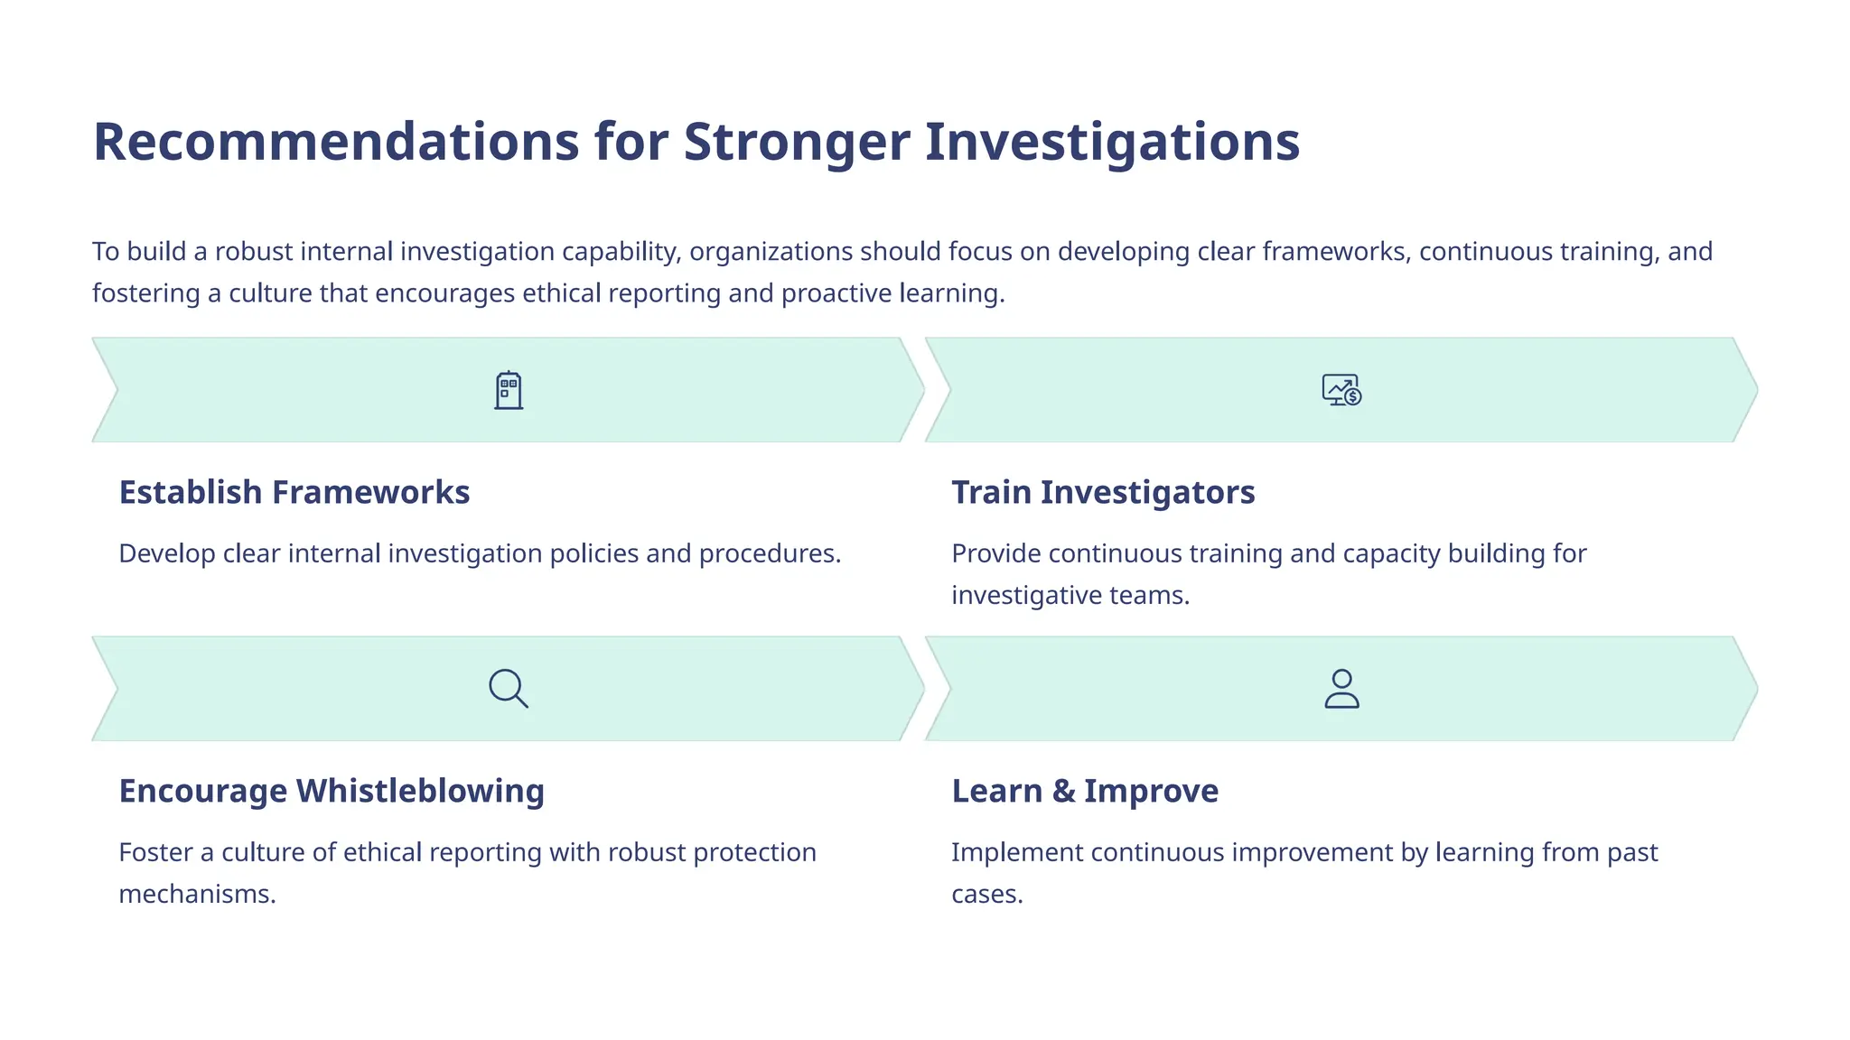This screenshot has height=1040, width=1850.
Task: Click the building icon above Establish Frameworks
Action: (x=509, y=390)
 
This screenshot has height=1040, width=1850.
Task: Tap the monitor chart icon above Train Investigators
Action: (x=1341, y=390)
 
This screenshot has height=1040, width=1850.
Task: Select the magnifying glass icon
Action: (x=509, y=689)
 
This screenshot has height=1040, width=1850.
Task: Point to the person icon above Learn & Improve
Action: (x=1341, y=689)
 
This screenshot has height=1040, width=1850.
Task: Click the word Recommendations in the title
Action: (x=336, y=142)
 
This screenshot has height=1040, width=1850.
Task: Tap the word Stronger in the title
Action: (x=797, y=142)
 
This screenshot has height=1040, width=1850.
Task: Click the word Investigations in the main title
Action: (x=1112, y=142)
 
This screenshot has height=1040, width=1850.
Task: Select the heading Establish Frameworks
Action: (x=294, y=492)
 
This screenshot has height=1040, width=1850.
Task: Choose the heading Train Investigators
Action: (x=1103, y=492)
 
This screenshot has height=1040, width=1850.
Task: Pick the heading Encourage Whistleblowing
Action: (x=332, y=791)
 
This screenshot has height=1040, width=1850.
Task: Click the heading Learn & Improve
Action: (x=1085, y=791)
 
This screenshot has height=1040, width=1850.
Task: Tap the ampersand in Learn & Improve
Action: (x=1063, y=792)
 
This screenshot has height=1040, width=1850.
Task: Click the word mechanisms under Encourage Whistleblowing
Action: (x=197, y=894)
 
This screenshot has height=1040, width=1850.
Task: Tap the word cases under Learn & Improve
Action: (x=986, y=895)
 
